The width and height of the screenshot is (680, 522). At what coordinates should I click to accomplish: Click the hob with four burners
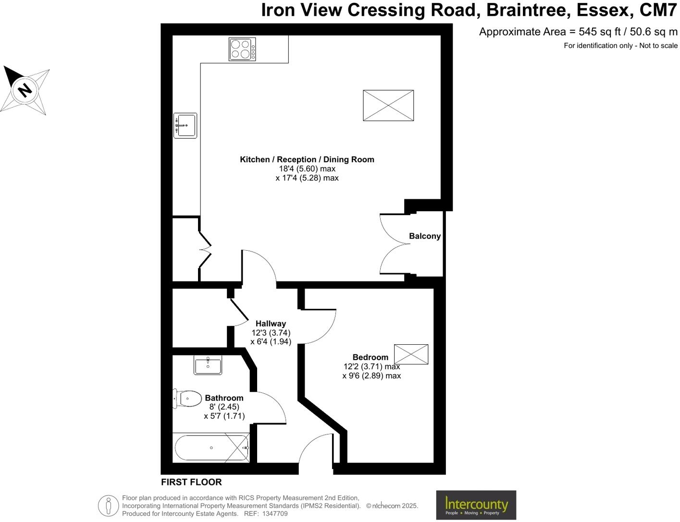coord(242,49)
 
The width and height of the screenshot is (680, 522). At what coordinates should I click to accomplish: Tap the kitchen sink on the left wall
coord(185,126)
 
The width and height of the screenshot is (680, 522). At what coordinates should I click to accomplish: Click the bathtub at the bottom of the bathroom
coord(211,448)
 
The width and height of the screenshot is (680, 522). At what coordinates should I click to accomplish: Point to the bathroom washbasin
coord(208,365)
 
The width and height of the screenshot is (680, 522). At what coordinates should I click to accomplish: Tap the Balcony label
coord(424,236)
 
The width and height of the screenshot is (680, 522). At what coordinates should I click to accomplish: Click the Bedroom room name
coord(370,357)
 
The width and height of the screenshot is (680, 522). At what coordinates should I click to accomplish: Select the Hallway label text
coord(271,324)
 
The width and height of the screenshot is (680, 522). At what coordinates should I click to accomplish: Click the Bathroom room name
coord(224,398)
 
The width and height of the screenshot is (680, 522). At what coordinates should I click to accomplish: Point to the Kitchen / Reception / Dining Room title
coord(307,159)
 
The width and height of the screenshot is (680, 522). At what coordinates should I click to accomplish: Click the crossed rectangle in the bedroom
coord(411,354)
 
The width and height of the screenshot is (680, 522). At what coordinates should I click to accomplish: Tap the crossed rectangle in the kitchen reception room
coord(388,106)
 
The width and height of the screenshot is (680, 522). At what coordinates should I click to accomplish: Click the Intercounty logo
coord(476,505)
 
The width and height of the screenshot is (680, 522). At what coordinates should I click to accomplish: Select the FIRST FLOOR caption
coord(191,482)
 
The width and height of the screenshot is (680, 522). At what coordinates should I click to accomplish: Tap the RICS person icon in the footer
coord(109,506)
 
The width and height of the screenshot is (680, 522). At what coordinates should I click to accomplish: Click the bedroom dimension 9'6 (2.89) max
coord(371,376)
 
